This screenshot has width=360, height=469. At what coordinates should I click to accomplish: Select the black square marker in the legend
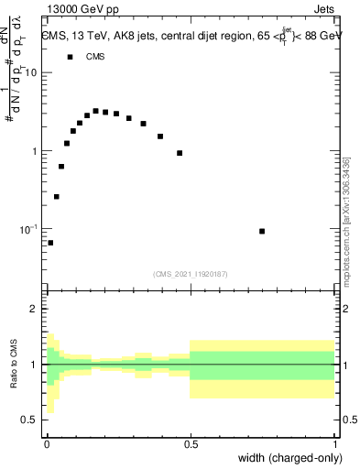(70, 57)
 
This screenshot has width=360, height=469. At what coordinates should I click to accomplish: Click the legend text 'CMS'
(95, 57)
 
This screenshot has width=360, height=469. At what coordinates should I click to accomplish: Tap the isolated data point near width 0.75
(262, 231)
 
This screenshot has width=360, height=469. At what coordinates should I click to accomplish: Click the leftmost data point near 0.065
(50, 243)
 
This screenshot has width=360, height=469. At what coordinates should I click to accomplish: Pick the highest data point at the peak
(95, 111)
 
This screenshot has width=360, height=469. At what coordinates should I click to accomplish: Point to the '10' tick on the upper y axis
(31, 72)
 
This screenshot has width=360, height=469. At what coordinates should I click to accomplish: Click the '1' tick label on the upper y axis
(35, 151)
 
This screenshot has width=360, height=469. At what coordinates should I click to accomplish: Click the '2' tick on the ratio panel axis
(35, 310)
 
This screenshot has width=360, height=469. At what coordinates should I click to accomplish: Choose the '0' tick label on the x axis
(47, 444)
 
